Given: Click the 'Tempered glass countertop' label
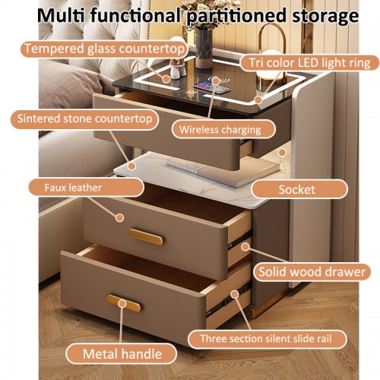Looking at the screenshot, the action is point(104,49).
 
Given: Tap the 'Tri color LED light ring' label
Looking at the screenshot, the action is point(309,63).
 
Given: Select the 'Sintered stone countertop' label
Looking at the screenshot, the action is point(84,119).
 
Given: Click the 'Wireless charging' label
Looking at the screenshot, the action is point(223,129).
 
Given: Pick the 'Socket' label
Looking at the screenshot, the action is point(299,189).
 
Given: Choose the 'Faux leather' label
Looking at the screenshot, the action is point(86,188).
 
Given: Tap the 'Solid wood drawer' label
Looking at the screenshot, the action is point(312,272).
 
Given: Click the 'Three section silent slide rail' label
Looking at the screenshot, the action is point(268,339).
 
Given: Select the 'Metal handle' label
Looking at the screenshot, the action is point(121,353).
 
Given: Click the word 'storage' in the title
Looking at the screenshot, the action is point(325,16).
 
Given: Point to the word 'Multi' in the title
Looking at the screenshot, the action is point(61,15).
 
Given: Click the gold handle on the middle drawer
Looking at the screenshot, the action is point(145,236).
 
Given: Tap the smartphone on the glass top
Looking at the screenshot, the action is point(212,87).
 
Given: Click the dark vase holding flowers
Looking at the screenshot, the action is point(204,48).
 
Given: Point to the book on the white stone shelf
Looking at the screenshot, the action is point(223,173).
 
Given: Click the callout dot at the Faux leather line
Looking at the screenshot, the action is point(119,217).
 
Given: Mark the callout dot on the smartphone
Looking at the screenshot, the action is point(216,81).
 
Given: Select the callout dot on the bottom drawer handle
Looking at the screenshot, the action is point(122,303).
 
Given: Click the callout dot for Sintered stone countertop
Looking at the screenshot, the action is point(131,166).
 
